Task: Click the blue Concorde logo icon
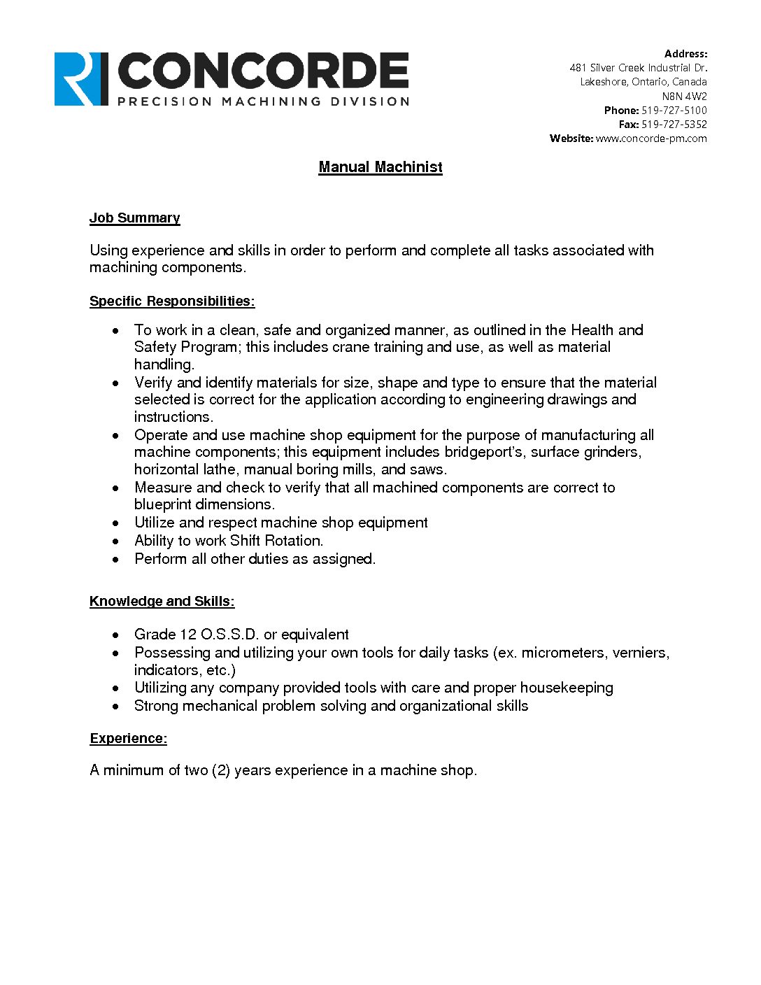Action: point(81,79)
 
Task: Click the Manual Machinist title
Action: point(380,167)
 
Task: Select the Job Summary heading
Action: point(134,218)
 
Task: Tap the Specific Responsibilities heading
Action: point(172,302)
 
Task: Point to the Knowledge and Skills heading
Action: point(162,602)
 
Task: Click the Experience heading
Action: point(128,739)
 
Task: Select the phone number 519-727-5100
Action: point(674,111)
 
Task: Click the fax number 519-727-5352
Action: point(674,125)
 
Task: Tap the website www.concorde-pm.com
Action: point(650,139)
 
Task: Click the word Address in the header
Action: point(685,54)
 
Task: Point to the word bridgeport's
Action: point(483,453)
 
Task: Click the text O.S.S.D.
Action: point(229,635)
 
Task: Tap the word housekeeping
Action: point(566,688)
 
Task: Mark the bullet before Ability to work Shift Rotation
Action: point(116,541)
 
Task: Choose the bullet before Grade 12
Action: point(116,635)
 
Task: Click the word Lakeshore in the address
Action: point(603,83)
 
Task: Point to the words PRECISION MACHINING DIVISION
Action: point(263,101)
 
